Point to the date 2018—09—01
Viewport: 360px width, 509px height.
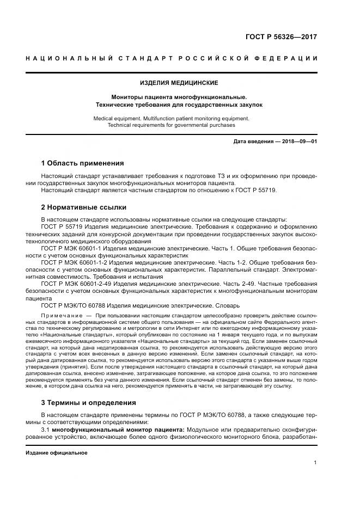pos(298,142)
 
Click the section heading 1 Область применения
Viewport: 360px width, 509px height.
pos(83,163)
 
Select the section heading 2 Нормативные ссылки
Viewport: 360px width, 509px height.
pos(84,207)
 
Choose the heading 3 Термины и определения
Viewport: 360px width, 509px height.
pos(89,403)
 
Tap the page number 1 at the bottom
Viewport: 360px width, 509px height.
pos(315,462)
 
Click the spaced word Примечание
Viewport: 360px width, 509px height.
pos(62,316)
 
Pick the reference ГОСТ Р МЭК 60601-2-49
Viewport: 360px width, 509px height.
pos(80,284)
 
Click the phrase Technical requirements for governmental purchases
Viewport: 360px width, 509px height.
pos(171,125)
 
